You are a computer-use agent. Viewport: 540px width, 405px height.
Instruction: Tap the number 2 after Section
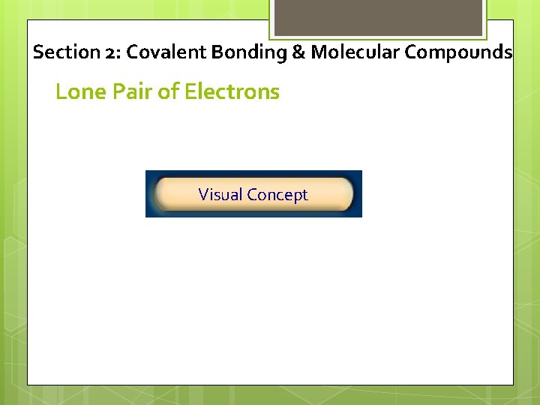pos(109,53)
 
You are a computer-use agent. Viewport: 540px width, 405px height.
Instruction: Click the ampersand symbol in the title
pos(294,52)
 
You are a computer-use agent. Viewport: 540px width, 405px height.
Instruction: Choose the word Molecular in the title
pos(346,52)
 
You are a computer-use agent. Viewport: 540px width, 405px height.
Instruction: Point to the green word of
pos(169,92)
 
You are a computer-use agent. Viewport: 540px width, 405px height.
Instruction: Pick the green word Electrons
pos(232,92)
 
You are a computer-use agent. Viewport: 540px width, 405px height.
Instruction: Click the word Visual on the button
pos(220,195)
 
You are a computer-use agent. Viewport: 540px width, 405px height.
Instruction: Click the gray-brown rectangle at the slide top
pos(377,17)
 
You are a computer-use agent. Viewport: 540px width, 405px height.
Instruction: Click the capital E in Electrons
pos(190,92)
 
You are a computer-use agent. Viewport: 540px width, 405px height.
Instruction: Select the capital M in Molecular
pos(318,52)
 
